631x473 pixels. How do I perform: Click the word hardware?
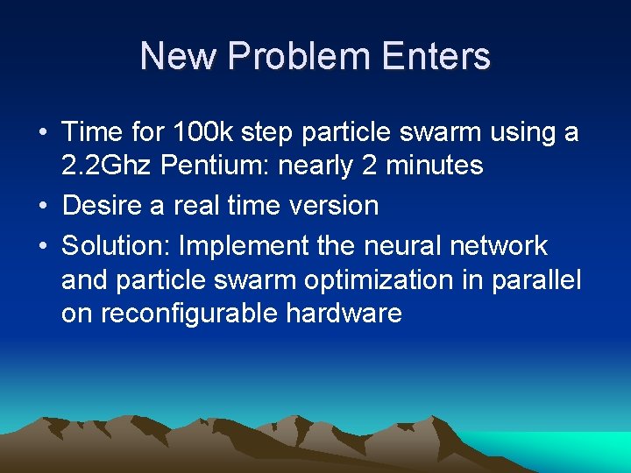(x=344, y=313)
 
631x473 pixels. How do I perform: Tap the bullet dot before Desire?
(x=43, y=207)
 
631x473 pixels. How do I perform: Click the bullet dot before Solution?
(x=43, y=247)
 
